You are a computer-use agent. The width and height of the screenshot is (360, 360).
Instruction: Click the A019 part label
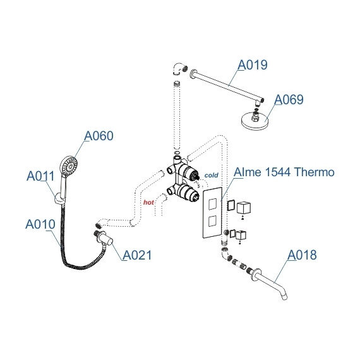[x=253, y=65]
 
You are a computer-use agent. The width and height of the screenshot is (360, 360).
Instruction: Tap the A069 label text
[x=288, y=100]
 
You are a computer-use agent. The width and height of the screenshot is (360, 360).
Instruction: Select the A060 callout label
[x=99, y=136]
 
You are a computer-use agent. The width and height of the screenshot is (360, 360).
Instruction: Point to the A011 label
[x=40, y=176]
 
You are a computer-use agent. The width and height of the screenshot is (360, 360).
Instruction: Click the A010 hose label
[x=39, y=224]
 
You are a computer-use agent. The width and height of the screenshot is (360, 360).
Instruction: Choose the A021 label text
[x=137, y=255]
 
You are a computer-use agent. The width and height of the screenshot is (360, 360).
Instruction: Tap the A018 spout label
[x=302, y=255]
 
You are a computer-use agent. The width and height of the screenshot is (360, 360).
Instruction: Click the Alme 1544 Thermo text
[x=284, y=172]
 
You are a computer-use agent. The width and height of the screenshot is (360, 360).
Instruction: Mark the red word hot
[x=149, y=202]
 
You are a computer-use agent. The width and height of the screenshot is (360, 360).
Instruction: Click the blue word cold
[x=211, y=175]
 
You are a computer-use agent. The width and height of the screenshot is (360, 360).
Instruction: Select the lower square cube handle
[x=243, y=236]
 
